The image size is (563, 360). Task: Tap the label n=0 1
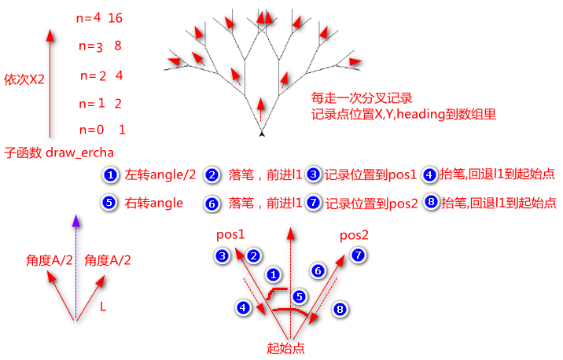(103, 129)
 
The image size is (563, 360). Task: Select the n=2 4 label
(103, 75)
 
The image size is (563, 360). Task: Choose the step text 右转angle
(154, 203)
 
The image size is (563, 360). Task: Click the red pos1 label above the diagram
(230, 234)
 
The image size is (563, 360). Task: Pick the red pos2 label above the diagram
(354, 235)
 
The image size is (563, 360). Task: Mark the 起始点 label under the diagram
(286, 347)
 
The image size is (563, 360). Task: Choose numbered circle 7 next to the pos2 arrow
(359, 255)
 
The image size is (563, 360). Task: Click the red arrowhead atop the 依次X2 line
(50, 35)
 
